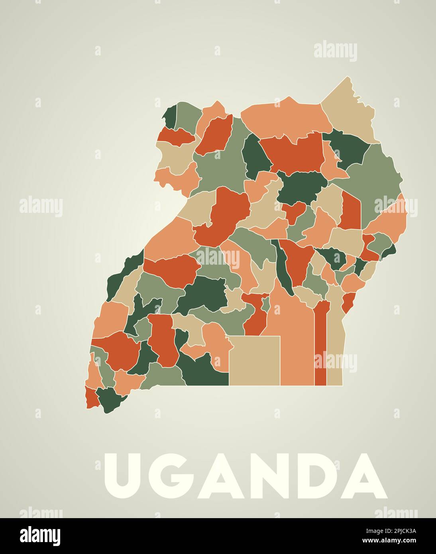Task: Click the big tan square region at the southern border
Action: point(254,361)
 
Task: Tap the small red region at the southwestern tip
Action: point(92,397)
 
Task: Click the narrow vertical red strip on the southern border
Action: point(320,347)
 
